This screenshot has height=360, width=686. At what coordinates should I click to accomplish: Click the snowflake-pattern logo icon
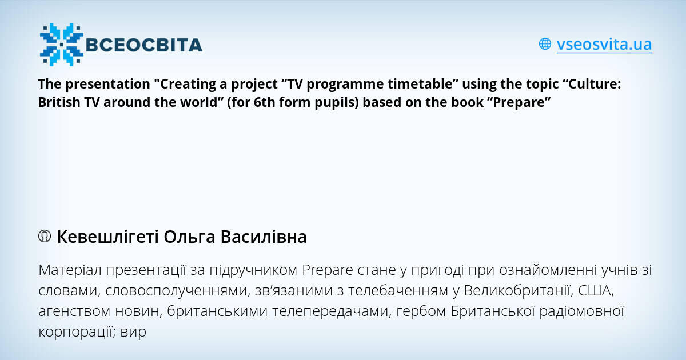click(x=61, y=44)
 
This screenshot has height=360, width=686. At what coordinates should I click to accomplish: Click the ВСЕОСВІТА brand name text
click(x=143, y=45)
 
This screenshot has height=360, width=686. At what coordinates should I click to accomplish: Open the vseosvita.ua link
click(x=604, y=44)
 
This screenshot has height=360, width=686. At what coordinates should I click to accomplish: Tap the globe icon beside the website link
click(x=545, y=44)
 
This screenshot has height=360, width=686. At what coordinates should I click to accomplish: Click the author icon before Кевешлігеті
click(x=45, y=237)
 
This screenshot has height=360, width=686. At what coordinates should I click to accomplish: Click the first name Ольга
click(x=189, y=237)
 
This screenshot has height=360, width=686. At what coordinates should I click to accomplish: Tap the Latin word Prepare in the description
click(x=326, y=270)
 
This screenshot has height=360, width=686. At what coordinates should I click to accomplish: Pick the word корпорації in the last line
click(x=78, y=331)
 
